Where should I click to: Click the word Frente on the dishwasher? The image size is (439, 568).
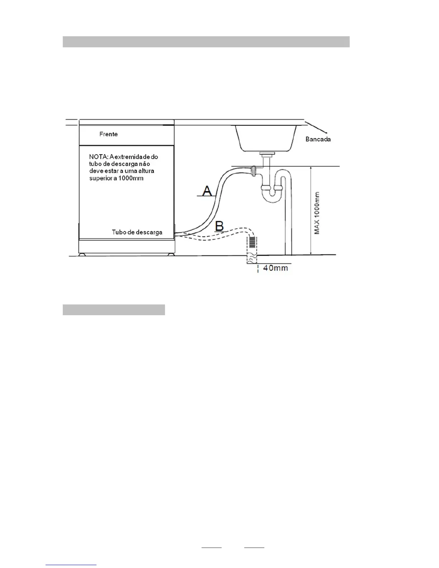(108, 134)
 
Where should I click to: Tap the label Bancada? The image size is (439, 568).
(318, 139)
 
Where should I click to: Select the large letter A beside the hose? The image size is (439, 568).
(207, 190)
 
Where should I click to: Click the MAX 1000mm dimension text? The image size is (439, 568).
(317, 213)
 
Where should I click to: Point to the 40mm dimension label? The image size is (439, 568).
(275, 268)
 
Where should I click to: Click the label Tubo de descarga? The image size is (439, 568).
(137, 232)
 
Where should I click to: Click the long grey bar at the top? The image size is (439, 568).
(206, 42)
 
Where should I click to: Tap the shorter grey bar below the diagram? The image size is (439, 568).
(114, 310)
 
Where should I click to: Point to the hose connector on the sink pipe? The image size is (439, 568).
(254, 171)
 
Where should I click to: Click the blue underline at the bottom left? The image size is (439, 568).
(71, 565)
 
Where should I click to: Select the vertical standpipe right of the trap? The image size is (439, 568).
(288, 215)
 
